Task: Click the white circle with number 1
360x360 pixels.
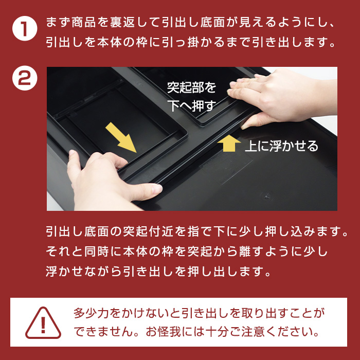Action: [x=25, y=28]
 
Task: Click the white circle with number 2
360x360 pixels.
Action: [x=25, y=78]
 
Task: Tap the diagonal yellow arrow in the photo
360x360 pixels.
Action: [x=121, y=137]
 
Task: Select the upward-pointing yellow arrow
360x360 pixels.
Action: [x=229, y=143]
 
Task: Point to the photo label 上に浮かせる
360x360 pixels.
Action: [x=282, y=146]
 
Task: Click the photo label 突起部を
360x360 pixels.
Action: [x=192, y=87]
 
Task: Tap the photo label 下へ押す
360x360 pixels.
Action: [x=192, y=105]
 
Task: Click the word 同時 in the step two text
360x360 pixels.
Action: [x=97, y=251]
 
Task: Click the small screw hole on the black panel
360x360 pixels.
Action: [x=266, y=196]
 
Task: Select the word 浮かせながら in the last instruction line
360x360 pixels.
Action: [x=83, y=271]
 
